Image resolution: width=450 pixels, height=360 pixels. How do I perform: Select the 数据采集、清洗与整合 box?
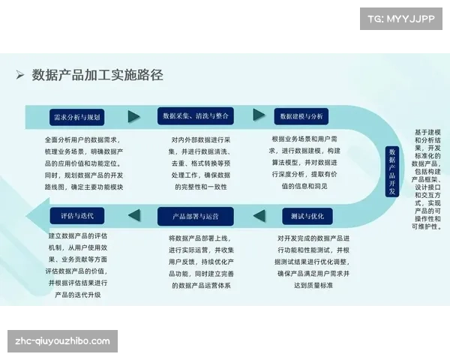click(195, 116)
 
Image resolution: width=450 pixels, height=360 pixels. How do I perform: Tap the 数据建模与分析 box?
click(301, 116)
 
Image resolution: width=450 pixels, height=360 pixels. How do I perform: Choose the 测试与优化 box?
click(307, 216)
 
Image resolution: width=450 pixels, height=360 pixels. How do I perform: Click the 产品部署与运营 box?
click(195, 216)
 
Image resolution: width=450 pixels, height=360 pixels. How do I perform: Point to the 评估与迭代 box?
click(77, 216)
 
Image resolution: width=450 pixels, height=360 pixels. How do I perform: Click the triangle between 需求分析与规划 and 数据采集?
click(134, 117)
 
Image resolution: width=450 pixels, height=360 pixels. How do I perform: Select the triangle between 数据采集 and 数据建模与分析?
click(259, 115)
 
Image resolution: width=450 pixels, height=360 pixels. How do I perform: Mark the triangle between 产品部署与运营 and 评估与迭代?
click(134, 216)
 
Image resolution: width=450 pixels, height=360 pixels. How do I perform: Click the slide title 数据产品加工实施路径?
click(97, 75)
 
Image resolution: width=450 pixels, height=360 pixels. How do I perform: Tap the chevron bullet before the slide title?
click(20, 75)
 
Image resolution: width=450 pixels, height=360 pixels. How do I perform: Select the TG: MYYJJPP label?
click(402, 18)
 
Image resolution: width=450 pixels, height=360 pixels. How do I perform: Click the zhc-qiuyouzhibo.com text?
click(62, 341)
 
